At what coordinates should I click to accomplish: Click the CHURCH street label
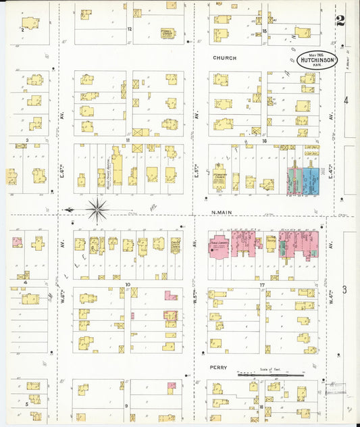point(225,58)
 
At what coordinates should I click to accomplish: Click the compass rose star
point(97,210)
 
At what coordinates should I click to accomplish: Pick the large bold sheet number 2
point(340,20)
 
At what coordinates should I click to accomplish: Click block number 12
point(129,29)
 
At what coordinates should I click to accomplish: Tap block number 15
point(265,30)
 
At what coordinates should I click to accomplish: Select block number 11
point(127,141)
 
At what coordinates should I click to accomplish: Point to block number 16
point(265,141)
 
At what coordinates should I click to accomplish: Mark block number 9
point(126,405)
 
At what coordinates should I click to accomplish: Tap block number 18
point(261,407)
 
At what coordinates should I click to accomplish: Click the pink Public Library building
point(220,248)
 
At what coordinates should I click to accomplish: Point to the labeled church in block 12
point(166,32)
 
